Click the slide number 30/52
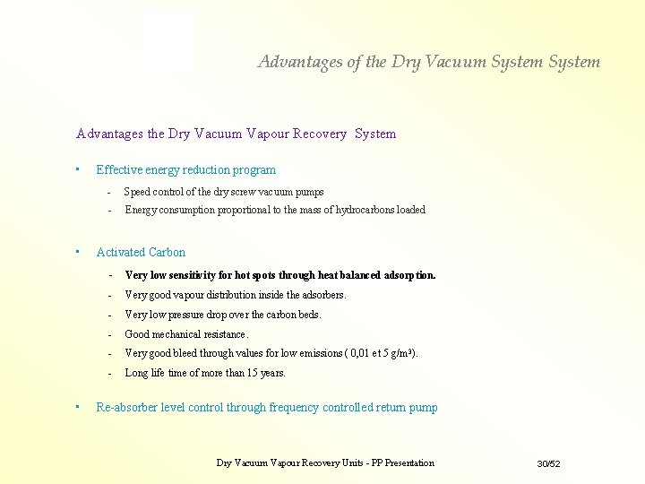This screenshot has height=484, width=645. (x=548, y=463)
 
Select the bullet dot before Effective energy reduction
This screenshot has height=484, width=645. (x=79, y=169)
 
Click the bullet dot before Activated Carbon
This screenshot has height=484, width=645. (x=79, y=251)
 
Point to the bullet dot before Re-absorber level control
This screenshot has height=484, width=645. (x=79, y=406)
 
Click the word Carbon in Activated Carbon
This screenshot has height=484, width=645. (x=168, y=252)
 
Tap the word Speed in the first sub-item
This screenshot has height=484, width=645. (x=137, y=192)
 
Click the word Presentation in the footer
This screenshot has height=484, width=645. (x=408, y=463)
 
